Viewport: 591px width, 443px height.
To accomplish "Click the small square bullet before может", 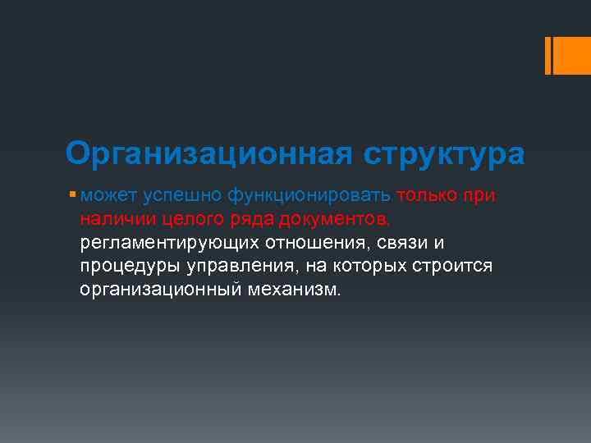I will point(74,195).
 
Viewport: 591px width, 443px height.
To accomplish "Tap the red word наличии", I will point(113,220).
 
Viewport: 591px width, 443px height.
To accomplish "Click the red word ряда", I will point(249,220).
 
